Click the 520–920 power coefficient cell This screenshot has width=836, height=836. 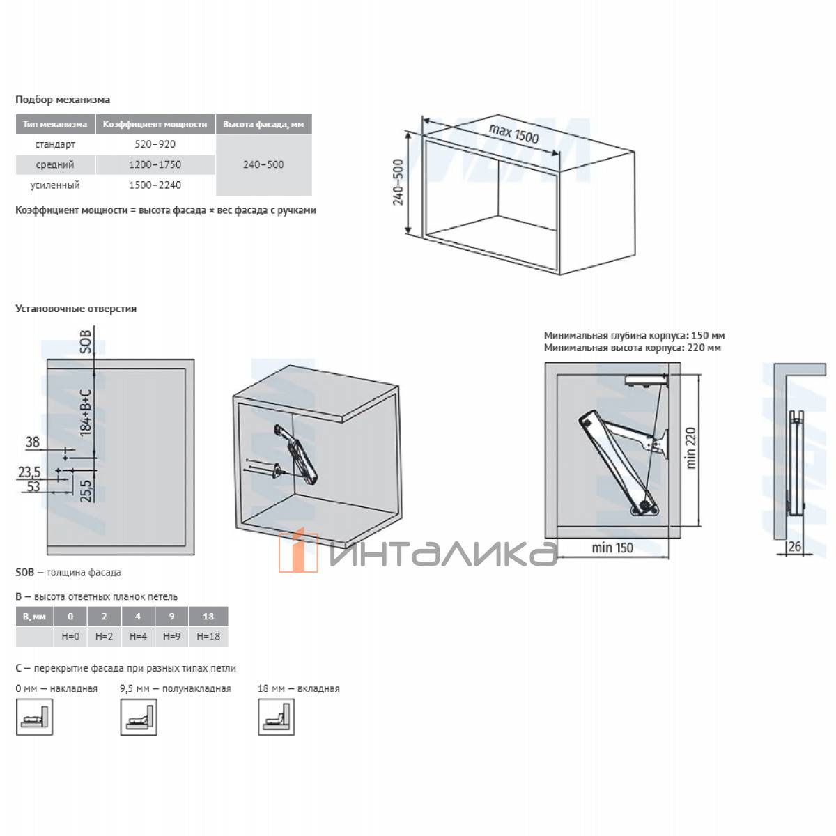(155, 144)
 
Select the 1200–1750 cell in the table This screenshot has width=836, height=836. (155, 164)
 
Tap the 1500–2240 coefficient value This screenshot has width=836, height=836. (155, 185)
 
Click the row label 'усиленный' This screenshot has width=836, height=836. (55, 185)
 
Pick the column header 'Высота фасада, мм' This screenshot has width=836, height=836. (263, 124)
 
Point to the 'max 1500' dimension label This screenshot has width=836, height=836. (513, 134)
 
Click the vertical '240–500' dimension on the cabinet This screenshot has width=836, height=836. (398, 182)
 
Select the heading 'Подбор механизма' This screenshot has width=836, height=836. (63, 100)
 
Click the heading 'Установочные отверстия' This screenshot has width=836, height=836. (76, 309)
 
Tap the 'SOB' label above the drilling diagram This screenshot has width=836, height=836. (86, 341)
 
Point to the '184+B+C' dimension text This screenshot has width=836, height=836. (86, 412)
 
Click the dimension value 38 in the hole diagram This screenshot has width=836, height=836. (33, 442)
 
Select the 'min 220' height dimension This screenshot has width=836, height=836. (691, 448)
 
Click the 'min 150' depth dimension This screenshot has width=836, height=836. (612, 548)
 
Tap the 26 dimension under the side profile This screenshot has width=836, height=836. (794, 546)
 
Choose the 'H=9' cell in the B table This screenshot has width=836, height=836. (171, 637)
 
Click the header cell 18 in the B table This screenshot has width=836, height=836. (208, 617)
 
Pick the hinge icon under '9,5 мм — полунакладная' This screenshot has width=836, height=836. (139, 717)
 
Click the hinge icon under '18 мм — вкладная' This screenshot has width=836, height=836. (277, 717)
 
